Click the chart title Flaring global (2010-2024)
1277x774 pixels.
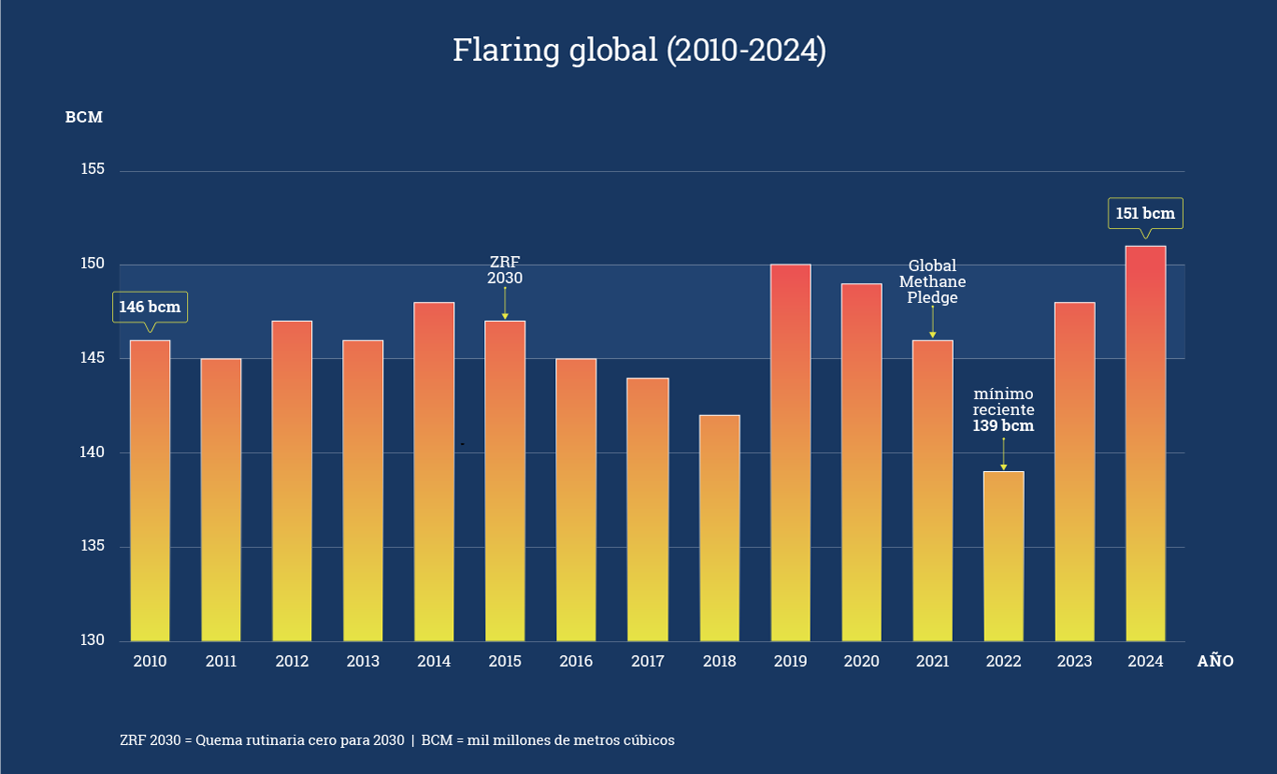639,50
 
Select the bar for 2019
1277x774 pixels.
790,453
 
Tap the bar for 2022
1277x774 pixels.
1003,556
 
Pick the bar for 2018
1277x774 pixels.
719,528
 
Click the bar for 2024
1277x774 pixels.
1145,444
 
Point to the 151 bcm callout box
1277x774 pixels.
1145,214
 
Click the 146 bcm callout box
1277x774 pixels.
150,308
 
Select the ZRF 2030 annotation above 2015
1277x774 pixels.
505,270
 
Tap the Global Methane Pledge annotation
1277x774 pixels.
932,282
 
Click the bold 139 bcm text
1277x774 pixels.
1003,426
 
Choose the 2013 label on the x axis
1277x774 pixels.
363,662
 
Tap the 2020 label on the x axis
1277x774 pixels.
861,662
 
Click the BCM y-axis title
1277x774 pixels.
83,118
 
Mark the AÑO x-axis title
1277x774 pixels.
1215,662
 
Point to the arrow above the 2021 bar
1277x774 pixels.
932,322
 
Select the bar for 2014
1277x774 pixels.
434,472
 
